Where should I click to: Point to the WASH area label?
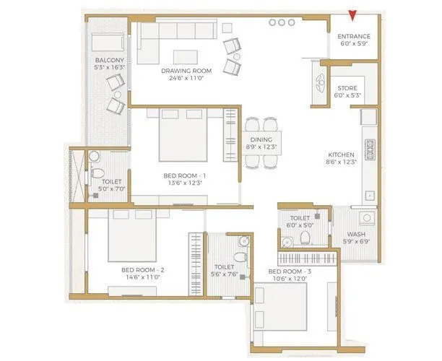click(355, 234)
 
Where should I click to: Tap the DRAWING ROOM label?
click(183, 71)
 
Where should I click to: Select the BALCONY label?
click(109, 61)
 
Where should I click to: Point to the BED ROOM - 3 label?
click(289, 271)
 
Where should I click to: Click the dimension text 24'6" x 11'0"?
click(183, 78)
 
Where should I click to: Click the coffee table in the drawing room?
click(187, 56)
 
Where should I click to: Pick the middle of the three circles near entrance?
click(282, 23)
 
